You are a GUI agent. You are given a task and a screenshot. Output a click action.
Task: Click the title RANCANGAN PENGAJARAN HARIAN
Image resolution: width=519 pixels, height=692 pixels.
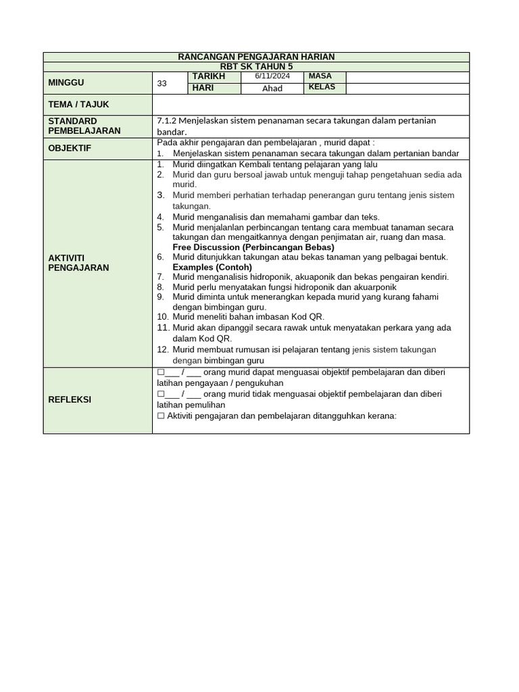(x=256, y=57)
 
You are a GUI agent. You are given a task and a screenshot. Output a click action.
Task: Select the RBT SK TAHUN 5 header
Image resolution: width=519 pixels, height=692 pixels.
(x=256, y=66)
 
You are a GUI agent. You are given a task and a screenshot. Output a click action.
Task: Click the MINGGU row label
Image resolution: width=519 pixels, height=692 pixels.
(x=66, y=82)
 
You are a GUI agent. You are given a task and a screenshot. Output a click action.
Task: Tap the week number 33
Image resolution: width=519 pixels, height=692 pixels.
(x=162, y=84)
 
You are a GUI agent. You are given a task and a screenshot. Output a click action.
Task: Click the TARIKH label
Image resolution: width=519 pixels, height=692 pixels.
(x=208, y=76)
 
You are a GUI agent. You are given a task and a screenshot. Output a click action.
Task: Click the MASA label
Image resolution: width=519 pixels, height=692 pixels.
(x=320, y=76)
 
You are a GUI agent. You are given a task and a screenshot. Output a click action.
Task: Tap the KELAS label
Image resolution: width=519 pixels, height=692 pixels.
(x=322, y=87)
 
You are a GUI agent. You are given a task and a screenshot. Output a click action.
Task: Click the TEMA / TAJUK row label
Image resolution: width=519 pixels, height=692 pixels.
(x=78, y=105)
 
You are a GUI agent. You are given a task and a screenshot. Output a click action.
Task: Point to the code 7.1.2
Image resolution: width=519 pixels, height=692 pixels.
(x=167, y=120)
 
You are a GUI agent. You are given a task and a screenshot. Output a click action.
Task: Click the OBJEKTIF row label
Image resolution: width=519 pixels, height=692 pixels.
(x=69, y=148)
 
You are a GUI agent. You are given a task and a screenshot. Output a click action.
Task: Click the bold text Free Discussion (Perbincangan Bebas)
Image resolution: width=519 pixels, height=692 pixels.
(x=253, y=247)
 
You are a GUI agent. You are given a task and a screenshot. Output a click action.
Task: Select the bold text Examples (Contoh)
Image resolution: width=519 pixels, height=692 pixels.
(x=212, y=267)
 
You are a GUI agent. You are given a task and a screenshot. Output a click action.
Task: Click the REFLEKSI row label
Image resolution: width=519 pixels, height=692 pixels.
(x=69, y=399)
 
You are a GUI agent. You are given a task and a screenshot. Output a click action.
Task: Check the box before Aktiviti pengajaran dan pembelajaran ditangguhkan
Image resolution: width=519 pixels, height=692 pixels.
(x=161, y=416)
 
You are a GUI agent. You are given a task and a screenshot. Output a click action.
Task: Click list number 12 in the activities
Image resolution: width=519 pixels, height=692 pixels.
(x=162, y=349)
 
